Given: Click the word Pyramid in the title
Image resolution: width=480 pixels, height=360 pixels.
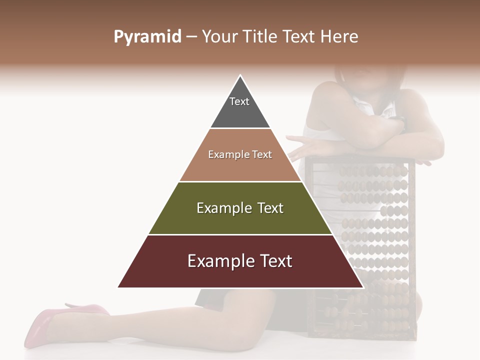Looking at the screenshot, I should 147,37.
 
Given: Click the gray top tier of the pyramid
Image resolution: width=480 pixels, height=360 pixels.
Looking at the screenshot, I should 240,112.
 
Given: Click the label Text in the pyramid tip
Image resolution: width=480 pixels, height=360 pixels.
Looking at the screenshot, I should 239,101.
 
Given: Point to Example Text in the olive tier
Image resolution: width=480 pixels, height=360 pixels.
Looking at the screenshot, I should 240,208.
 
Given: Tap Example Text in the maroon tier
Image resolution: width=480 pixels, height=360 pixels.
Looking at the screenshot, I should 240,261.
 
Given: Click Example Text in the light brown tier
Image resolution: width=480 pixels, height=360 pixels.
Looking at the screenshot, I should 240,154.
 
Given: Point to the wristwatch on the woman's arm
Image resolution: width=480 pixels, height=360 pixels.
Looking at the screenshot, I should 400,122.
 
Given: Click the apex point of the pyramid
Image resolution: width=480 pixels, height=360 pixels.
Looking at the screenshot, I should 240,76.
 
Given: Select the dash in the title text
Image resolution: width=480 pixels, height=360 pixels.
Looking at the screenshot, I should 191,37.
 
